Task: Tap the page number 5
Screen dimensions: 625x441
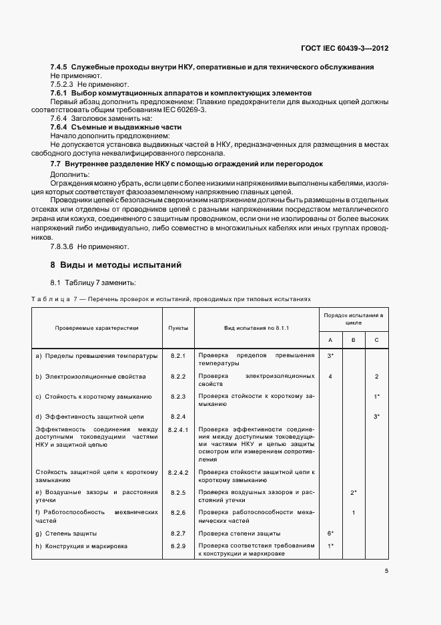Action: point(387,571)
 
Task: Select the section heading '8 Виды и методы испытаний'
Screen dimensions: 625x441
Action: point(117,265)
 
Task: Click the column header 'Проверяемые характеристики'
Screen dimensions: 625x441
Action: point(97,329)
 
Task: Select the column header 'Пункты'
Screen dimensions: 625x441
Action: point(178,329)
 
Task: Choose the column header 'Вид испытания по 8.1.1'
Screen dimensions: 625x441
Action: point(256,329)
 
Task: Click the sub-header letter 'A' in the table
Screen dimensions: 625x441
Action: point(330,341)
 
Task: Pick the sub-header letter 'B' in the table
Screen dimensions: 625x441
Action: point(353,341)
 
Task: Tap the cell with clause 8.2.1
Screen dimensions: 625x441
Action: point(177,356)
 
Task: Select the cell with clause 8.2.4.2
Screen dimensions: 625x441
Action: point(179,473)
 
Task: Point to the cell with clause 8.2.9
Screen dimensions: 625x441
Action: point(177,546)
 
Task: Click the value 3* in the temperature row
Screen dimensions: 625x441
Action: point(330,356)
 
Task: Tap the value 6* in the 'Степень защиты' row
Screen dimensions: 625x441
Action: point(330,534)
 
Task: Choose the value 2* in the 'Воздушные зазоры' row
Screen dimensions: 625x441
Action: point(354,492)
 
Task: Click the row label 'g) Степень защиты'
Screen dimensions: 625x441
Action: point(66,534)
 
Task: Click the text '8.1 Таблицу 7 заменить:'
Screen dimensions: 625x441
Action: point(93,283)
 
